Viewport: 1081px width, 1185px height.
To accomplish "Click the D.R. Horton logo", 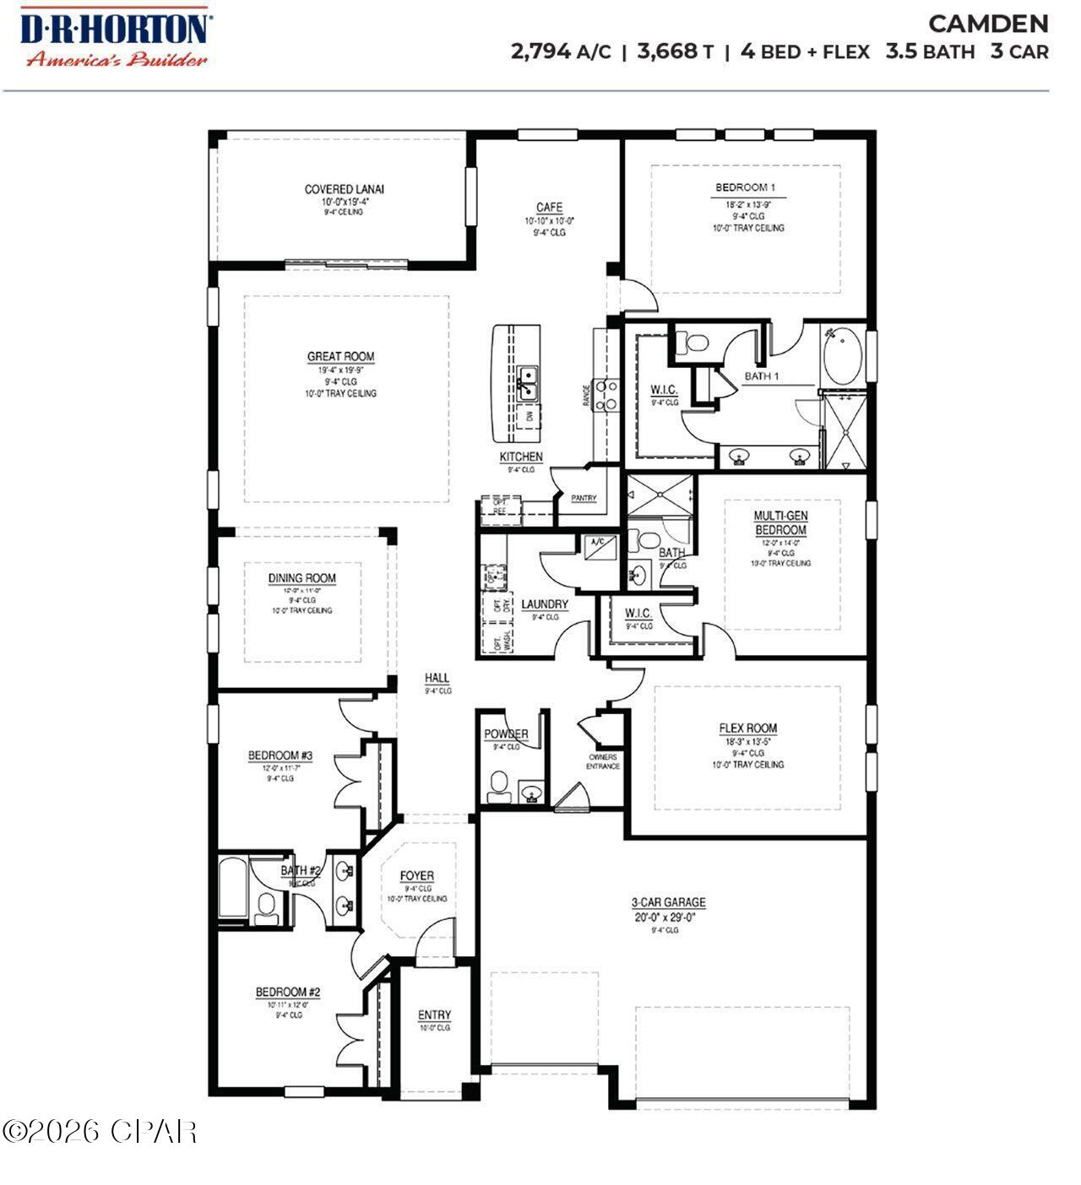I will (x=114, y=36).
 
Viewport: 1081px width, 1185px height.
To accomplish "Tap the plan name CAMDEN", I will (x=988, y=23).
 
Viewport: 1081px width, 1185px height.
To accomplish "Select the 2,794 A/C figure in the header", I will (x=560, y=51).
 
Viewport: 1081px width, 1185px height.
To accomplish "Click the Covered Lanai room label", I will (x=344, y=189).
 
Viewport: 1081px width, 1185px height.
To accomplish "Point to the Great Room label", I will (x=340, y=356).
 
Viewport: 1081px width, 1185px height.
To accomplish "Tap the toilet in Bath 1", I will (x=696, y=344).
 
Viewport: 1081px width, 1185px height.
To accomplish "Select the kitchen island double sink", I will (x=527, y=381).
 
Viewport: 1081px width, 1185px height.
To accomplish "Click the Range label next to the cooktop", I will (x=586, y=397).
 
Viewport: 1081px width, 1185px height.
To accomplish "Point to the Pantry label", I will (x=583, y=499).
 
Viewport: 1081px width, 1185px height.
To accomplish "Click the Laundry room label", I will (x=544, y=604).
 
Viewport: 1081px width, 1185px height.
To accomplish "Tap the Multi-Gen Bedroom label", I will (x=780, y=522).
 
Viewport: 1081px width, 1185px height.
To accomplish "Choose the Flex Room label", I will (x=747, y=728).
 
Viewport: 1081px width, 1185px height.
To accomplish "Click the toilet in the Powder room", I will (x=498, y=785).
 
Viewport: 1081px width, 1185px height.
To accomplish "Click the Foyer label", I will (x=416, y=876).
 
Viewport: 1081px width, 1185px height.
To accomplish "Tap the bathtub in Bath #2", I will (x=232, y=890).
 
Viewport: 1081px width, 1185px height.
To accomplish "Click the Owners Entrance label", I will (x=603, y=761).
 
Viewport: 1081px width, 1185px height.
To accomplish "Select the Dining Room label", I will (x=301, y=578).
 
